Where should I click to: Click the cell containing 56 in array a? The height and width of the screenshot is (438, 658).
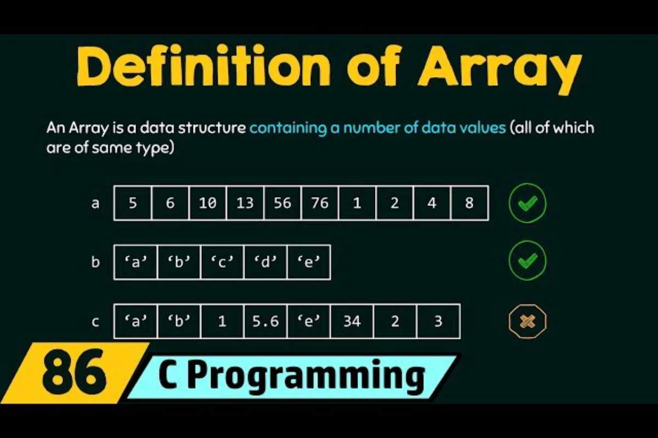pyautogui.click(x=282, y=203)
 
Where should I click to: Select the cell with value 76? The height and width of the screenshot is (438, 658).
pyautogui.click(x=320, y=203)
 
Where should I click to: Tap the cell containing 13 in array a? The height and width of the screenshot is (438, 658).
pyautogui.click(x=245, y=203)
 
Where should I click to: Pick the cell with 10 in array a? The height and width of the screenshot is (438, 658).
pyautogui.click(x=208, y=203)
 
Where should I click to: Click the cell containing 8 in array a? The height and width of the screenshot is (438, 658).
pyautogui.click(x=469, y=203)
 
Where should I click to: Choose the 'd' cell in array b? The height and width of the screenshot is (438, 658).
pyautogui.click(x=265, y=262)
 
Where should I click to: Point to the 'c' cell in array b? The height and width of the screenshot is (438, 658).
pyautogui.click(x=222, y=262)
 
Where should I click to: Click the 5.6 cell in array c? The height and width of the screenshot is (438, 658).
pyautogui.click(x=265, y=321)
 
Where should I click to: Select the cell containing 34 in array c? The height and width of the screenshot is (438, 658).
pyautogui.click(x=351, y=321)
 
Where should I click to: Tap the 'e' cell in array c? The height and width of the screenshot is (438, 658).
pyautogui.click(x=308, y=321)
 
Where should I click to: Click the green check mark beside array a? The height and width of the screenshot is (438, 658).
pyautogui.click(x=527, y=203)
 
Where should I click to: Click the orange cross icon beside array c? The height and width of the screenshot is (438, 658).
pyautogui.click(x=527, y=321)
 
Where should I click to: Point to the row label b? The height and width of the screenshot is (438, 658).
pyautogui.click(x=96, y=262)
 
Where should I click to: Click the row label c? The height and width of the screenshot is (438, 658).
pyautogui.click(x=96, y=321)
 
